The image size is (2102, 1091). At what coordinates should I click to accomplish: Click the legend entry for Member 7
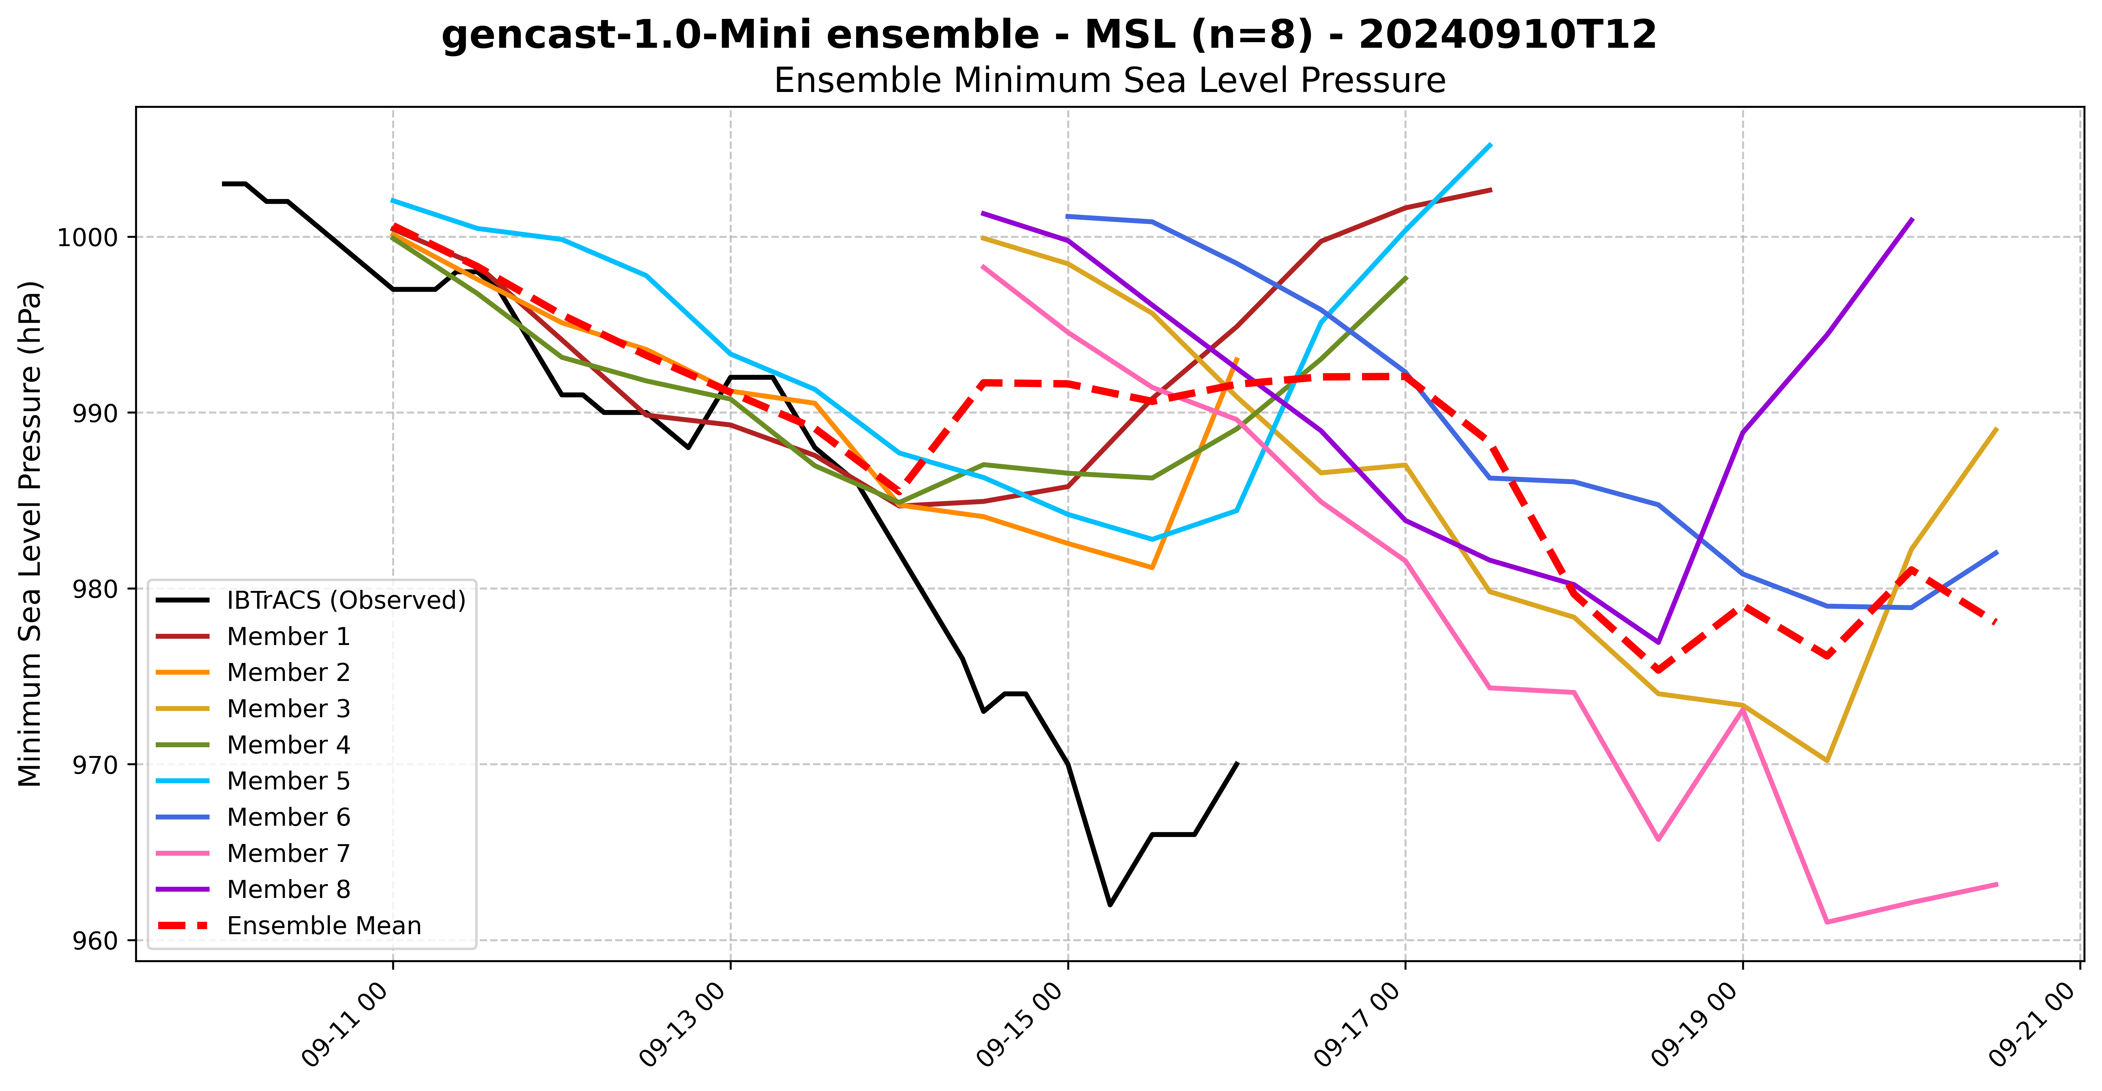coord(288,853)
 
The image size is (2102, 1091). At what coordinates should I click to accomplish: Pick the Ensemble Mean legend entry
coord(324,926)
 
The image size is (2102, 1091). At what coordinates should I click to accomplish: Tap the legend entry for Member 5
coord(288,781)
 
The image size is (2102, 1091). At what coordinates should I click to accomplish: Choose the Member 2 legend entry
coord(288,672)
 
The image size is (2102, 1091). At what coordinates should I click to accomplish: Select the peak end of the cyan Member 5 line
coord(1491,144)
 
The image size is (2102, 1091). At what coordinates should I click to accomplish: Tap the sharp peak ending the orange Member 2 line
coord(1237,358)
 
